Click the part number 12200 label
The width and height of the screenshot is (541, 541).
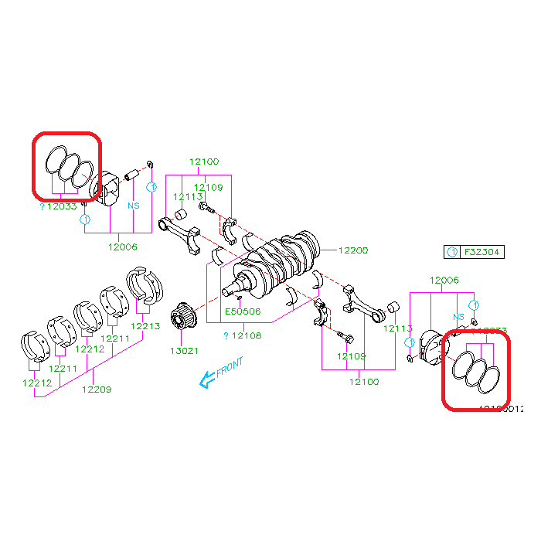click(352, 250)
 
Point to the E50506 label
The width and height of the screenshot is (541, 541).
click(243, 312)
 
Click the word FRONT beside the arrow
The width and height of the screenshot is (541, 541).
click(230, 367)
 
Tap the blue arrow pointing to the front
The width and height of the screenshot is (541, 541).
click(206, 379)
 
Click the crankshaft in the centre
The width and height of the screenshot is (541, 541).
click(275, 263)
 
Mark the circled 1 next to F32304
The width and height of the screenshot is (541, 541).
click(452, 252)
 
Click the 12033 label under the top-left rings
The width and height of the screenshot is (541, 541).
click(61, 206)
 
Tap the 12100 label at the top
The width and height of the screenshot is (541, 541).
click(204, 162)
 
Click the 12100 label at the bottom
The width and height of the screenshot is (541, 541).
click(364, 381)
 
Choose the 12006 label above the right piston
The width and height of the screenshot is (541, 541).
click(444, 281)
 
